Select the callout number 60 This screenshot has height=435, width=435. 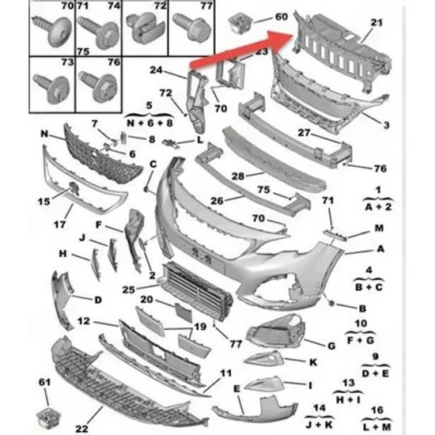click(x=281, y=17)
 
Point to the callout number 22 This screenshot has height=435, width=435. click(x=81, y=429)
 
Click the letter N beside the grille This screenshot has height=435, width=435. click(x=44, y=134)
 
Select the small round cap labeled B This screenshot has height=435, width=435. click(x=331, y=304)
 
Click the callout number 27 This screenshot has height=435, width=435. click(x=304, y=133)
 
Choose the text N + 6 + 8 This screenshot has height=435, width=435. click(x=149, y=123)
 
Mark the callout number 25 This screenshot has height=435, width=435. click(x=129, y=289)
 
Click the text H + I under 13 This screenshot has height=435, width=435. click(x=349, y=399)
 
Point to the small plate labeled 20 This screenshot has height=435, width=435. click(x=183, y=312)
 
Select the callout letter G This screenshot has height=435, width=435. click(x=332, y=346)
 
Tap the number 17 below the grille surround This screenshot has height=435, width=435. click(x=60, y=224)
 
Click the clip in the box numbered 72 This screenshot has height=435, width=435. click(x=144, y=28)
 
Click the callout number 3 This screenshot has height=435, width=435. click(x=387, y=125)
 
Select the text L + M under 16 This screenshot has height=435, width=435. click(x=377, y=427)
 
